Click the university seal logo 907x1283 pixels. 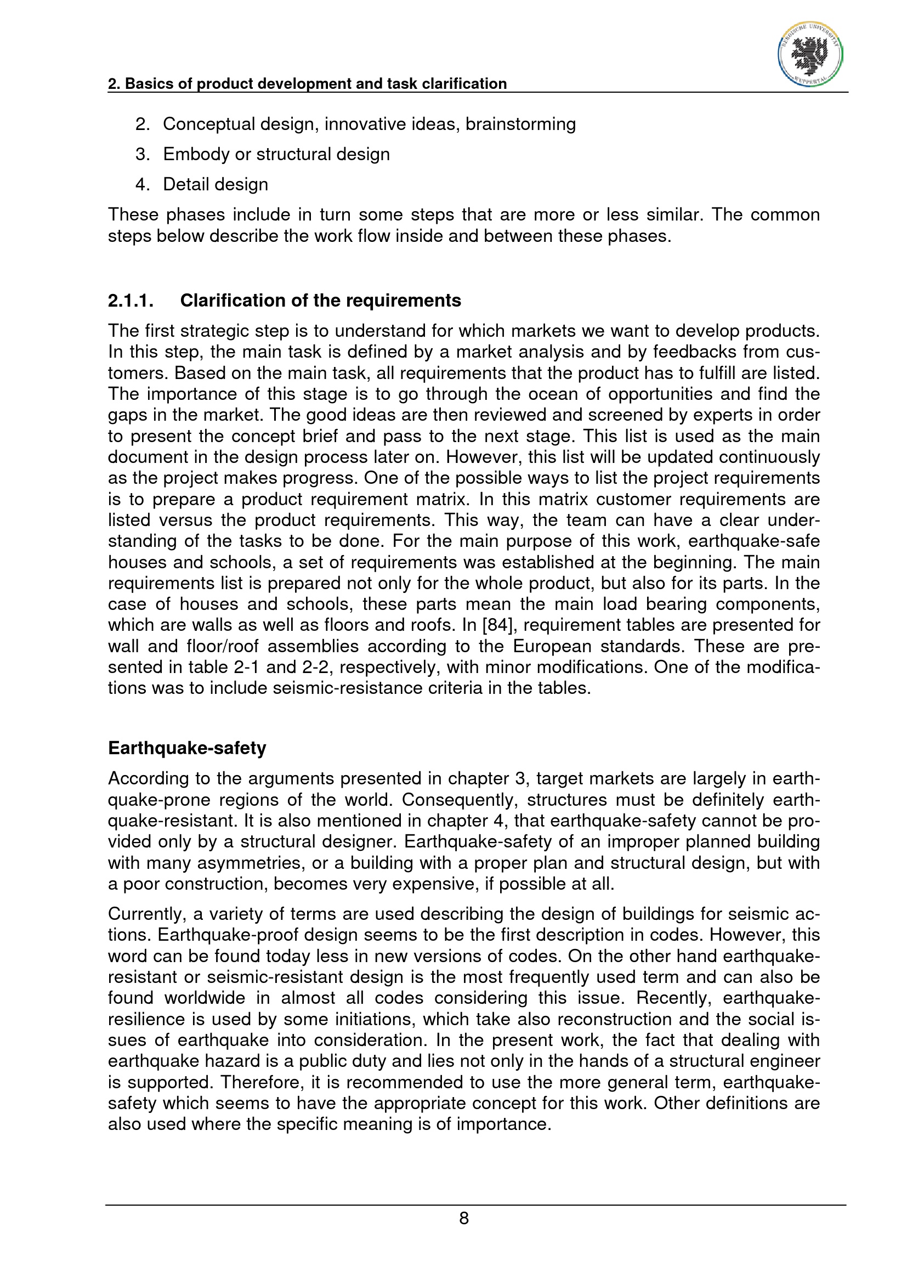click(x=810, y=55)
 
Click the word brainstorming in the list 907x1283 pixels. click(x=520, y=124)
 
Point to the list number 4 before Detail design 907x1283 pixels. click(x=141, y=184)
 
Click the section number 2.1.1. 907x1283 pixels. click(x=130, y=301)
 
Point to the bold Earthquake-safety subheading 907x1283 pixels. click(x=187, y=748)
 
